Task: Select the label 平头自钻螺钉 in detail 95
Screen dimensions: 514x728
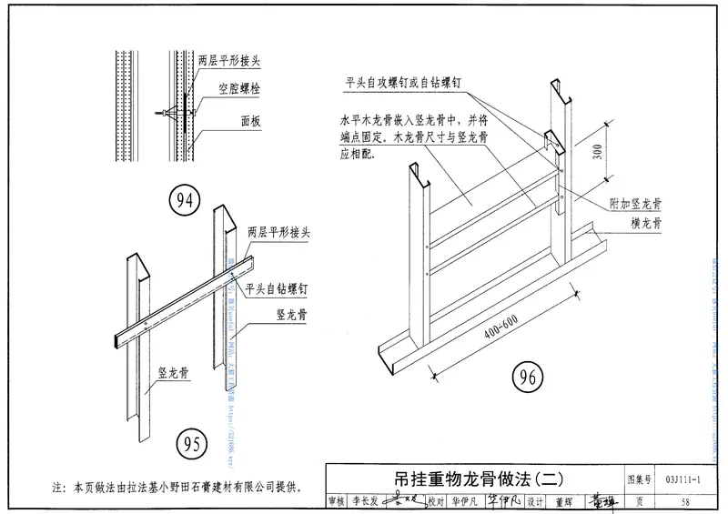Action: point(278,287)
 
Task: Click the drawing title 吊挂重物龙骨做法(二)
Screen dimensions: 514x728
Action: point(480,478)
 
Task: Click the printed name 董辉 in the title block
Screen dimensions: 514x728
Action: point(561,500)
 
